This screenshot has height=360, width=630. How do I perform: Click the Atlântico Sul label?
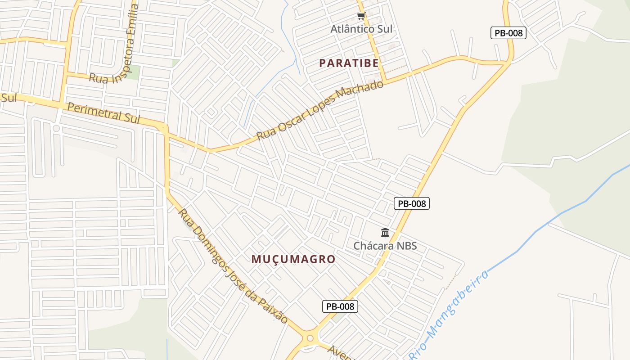pyautogui.click(x=361, y=29)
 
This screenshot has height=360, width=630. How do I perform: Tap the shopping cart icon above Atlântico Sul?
pyautogui.click(x=361, y=16)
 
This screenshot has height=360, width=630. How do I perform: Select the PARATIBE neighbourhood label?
pyautogui.click(x=349, y=63)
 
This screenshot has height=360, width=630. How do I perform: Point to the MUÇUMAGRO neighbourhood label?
pyautogui.click(x=293, y=259)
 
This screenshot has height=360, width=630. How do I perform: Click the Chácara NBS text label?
pyautogui.click(x=385, y=246)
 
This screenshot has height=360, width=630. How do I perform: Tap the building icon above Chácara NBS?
pyautogui.click(x=385, y=233)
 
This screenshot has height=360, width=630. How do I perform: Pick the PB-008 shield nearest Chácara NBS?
pyautogui.click(x=412, y=203)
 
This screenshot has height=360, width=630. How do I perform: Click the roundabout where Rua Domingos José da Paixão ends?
pyautogui.click(x=310, y=337)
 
